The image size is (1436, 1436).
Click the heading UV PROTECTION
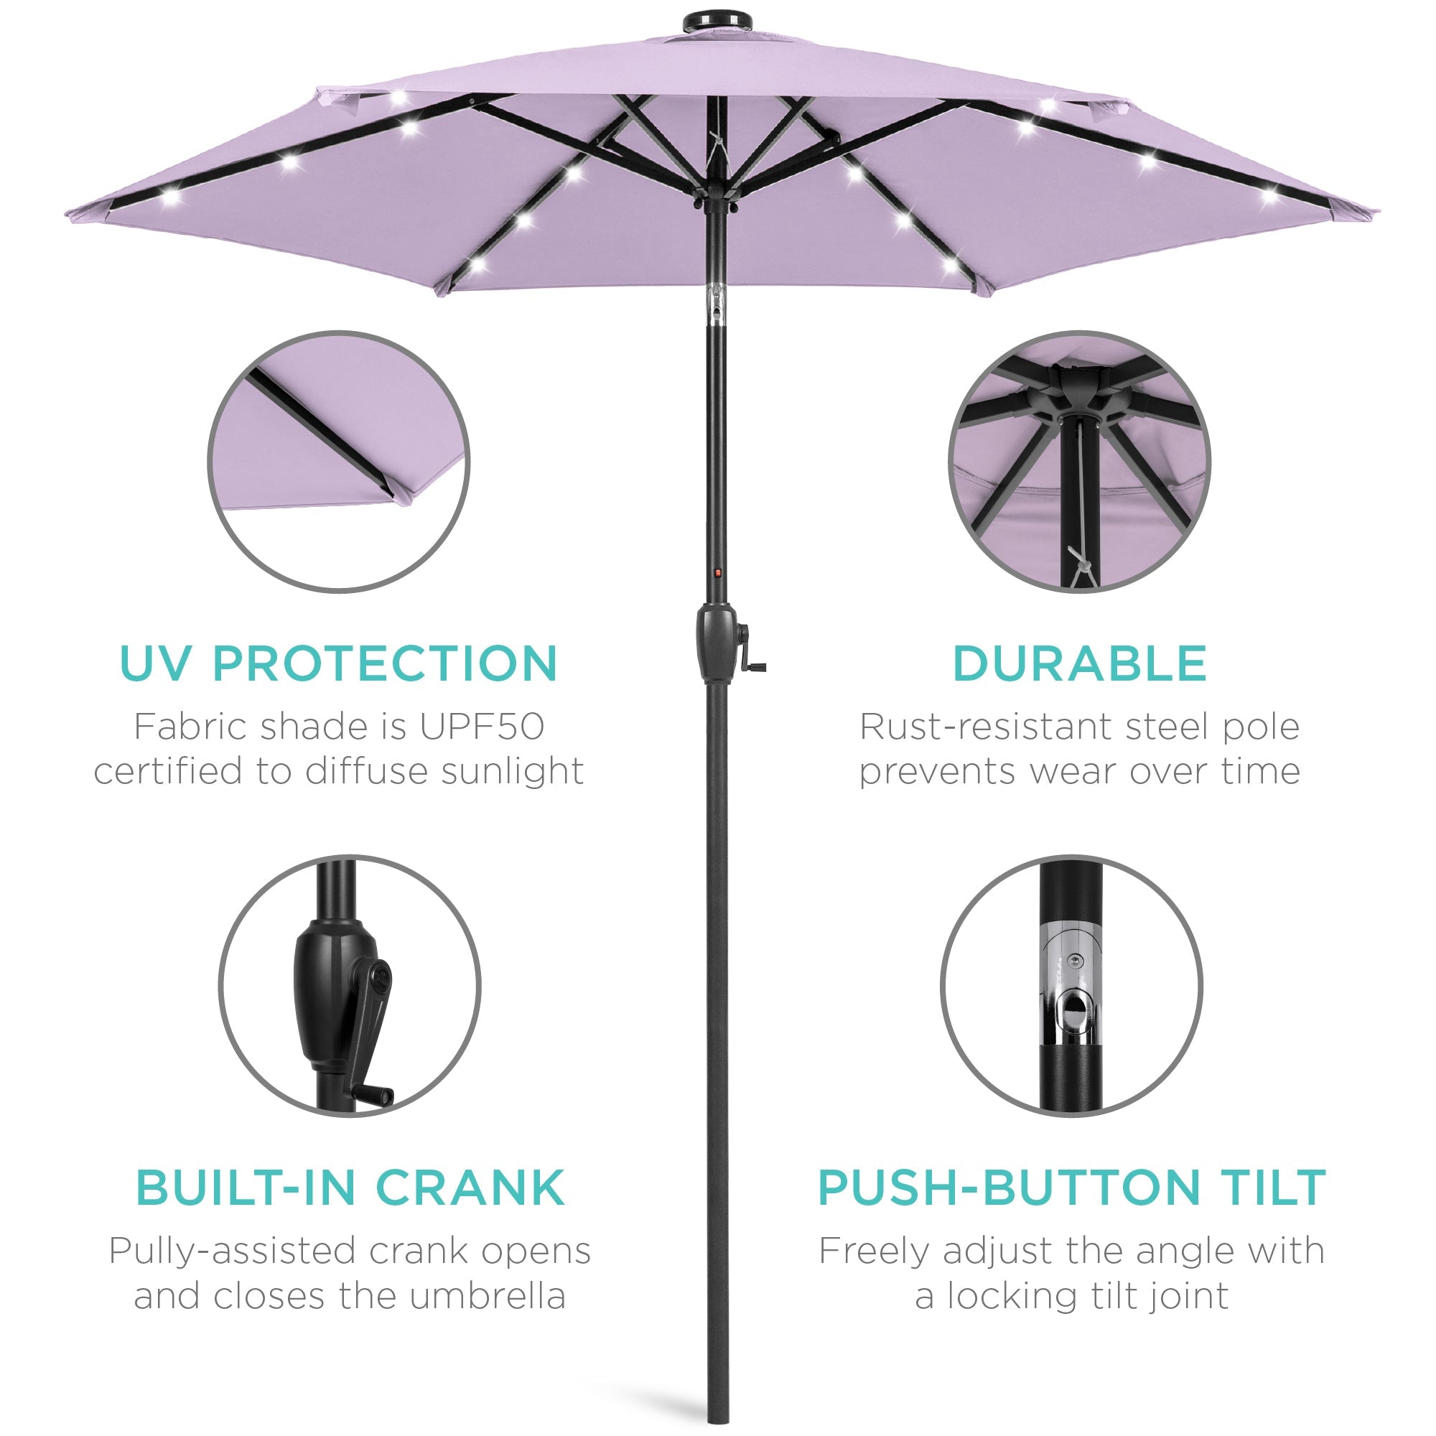[x=338, y=663]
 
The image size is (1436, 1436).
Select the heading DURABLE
[x=1079, y=663]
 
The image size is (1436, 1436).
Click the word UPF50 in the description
[x=482, y=727]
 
